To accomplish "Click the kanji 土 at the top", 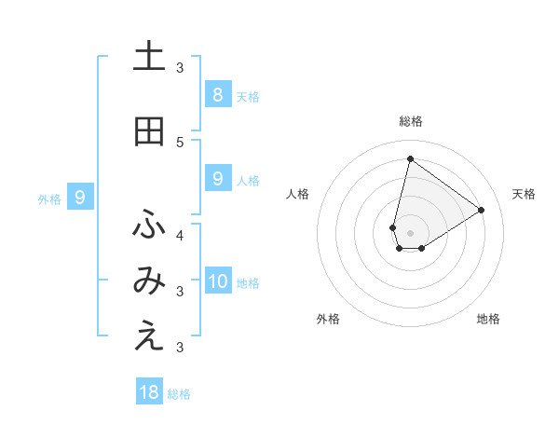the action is [x=149, y=57].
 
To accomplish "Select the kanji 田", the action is [x=149, y=131].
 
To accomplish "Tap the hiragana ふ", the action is [x=149, y=225].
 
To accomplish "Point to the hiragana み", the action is [x=149, y=282].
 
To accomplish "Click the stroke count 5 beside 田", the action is [x=180, y=142].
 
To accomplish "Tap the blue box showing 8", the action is [x=217, y=94].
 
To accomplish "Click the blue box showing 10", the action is [x=218, y=282].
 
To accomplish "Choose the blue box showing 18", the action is [x=149, y=392].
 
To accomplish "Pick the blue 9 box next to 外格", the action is [x=80, y=197].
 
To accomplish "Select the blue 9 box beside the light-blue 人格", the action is [x=217, y=179].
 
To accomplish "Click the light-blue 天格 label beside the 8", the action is [x=248, y=96].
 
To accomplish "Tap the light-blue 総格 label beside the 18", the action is [x=179, y=394].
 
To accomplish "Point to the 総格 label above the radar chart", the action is [x=410, y=121].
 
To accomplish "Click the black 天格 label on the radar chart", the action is [x=524, y=194].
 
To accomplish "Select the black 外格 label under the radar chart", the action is [x=327, y=319].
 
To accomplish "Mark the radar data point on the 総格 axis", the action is [x=410, y=158].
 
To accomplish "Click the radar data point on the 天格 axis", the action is [x=481, y=210].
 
